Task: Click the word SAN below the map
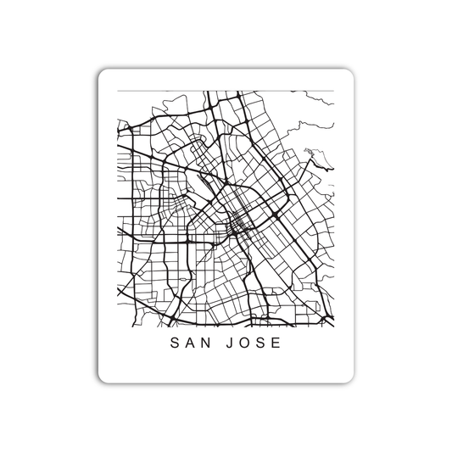click(189, 345)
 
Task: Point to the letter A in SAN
click(189, 345)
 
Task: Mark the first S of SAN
click(174, 345)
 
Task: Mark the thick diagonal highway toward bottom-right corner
click(297, 254)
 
